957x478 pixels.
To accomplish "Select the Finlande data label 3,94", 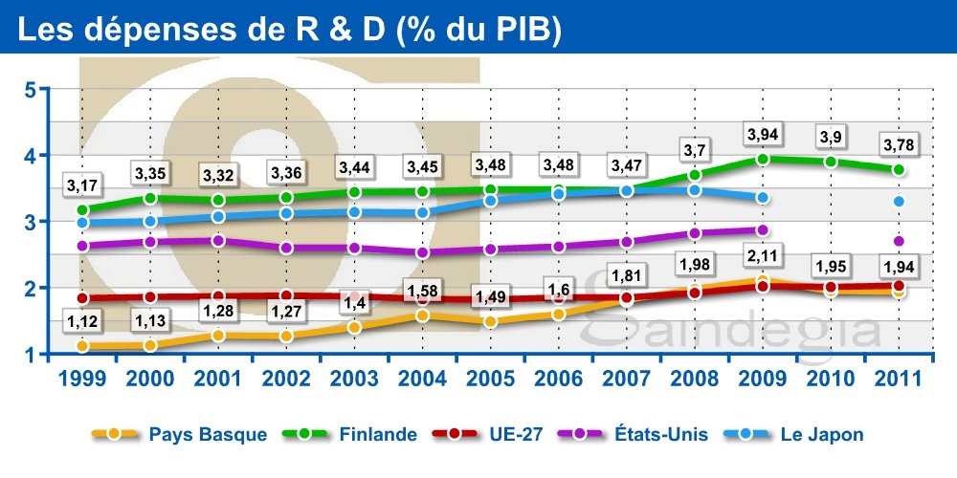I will tap(763, 132).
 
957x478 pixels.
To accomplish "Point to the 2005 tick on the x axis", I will tap(491, 378).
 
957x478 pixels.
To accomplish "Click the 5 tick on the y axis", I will tap(30, 90).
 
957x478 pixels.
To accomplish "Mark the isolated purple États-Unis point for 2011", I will tap(899, 241).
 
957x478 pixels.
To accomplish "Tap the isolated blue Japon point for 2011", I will tap(899, 202).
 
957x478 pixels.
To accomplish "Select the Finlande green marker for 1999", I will tap(82, 209).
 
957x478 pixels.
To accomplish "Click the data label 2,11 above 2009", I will tap(763, 253).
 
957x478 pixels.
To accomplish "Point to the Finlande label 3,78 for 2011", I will tap(899, 144).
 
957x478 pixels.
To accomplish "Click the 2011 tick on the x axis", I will tap(899, 378).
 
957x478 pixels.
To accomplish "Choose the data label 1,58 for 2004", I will tap(423, 288).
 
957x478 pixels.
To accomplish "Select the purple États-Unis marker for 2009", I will tap(763, 230).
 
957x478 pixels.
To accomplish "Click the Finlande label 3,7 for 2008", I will tap(695, 149).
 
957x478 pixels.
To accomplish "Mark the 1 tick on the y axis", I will tap(30, 355).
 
